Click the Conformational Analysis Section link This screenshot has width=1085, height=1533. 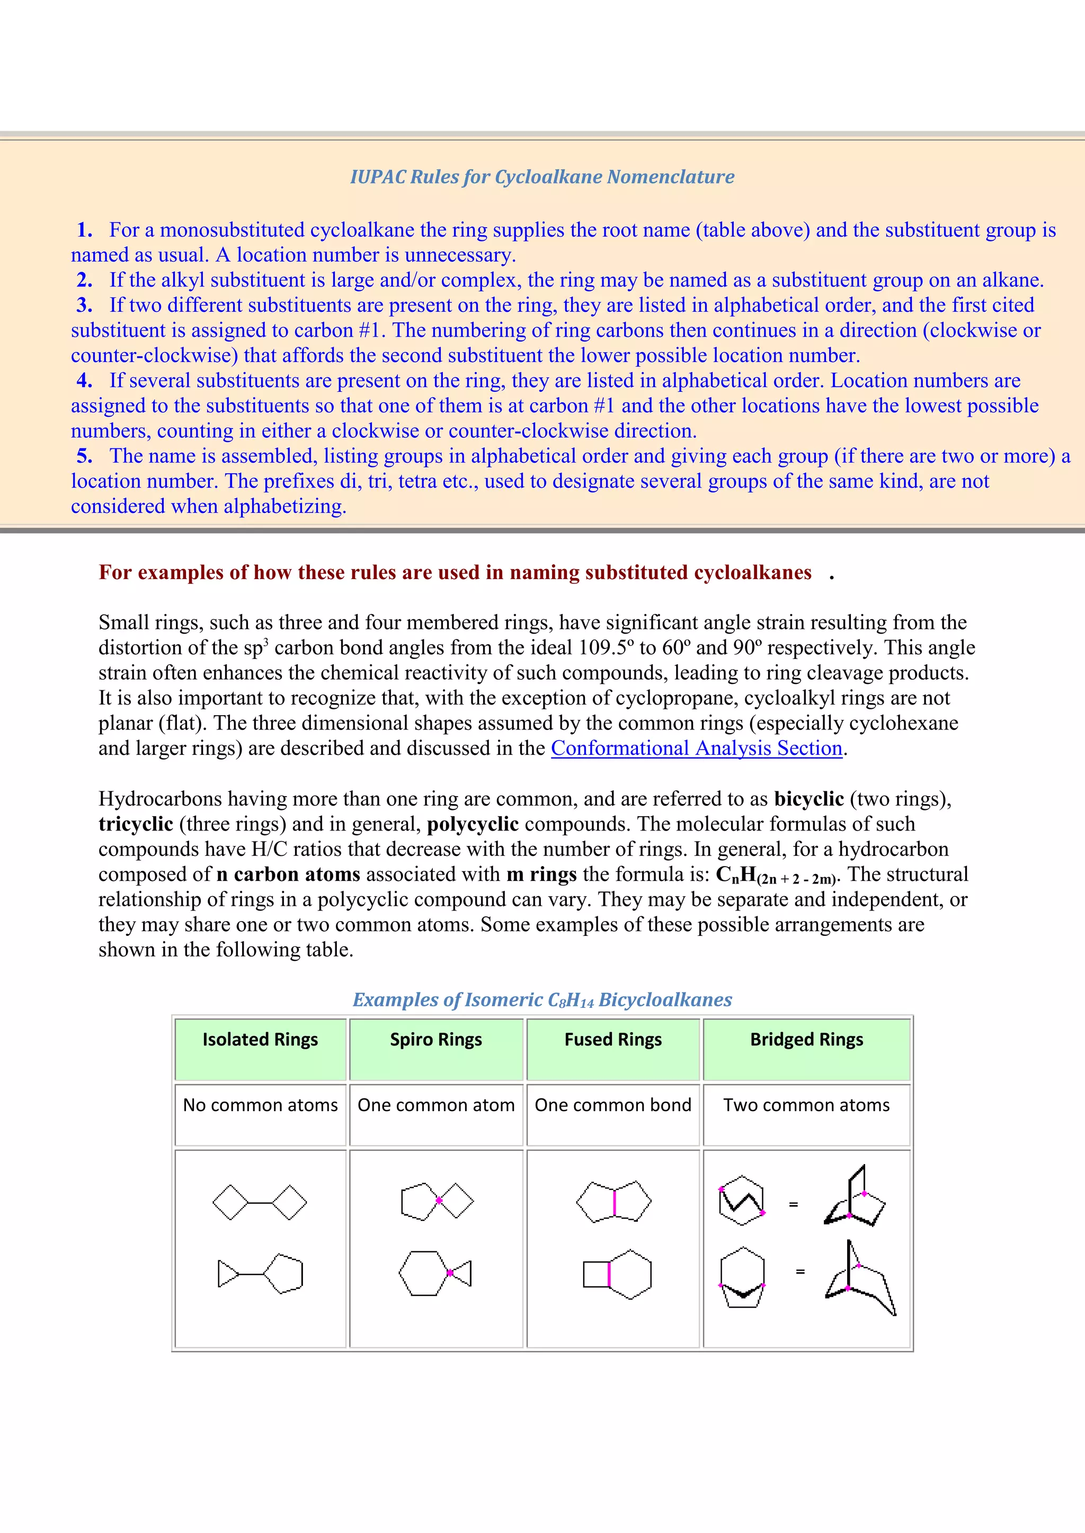696,749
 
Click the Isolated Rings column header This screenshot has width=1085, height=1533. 260,1040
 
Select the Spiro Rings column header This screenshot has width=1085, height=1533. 435,1040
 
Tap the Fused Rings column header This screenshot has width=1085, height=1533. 612,1040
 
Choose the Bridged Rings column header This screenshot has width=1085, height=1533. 806,1040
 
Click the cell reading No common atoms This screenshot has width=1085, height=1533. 260,1105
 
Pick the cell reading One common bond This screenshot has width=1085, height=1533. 612,1105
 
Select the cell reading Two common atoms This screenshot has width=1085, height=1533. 806,1105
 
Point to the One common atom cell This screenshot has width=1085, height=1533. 435,1105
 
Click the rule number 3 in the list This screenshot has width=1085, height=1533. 84,305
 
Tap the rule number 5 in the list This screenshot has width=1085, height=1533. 84,456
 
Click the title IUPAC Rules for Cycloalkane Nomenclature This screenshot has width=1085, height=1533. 542,177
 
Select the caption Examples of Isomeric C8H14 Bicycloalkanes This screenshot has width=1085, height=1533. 542,999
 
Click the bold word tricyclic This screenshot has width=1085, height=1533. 136,824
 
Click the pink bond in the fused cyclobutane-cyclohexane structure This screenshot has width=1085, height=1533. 609,1274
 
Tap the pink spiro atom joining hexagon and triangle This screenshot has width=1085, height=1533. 450,1273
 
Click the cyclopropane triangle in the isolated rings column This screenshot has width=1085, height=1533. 227,1274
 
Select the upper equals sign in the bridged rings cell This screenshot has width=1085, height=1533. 794,1204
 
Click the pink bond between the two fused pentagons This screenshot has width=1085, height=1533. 614,1202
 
